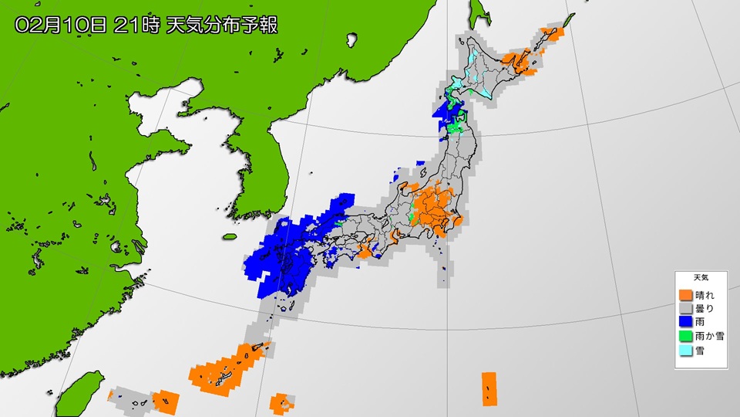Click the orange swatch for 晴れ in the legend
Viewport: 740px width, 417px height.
[684, 295]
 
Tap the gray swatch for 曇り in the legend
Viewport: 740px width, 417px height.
[684, 308]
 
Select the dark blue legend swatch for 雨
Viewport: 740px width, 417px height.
[684, 321]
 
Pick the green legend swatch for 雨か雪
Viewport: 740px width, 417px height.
[684, 336]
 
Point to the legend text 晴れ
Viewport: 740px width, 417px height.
[705, 295]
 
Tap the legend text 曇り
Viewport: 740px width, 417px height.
[705, 308]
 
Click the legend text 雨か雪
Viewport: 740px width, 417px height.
[709, 336]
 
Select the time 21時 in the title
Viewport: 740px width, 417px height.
[136, 24]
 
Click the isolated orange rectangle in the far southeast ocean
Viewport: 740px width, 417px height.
[489, 388]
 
